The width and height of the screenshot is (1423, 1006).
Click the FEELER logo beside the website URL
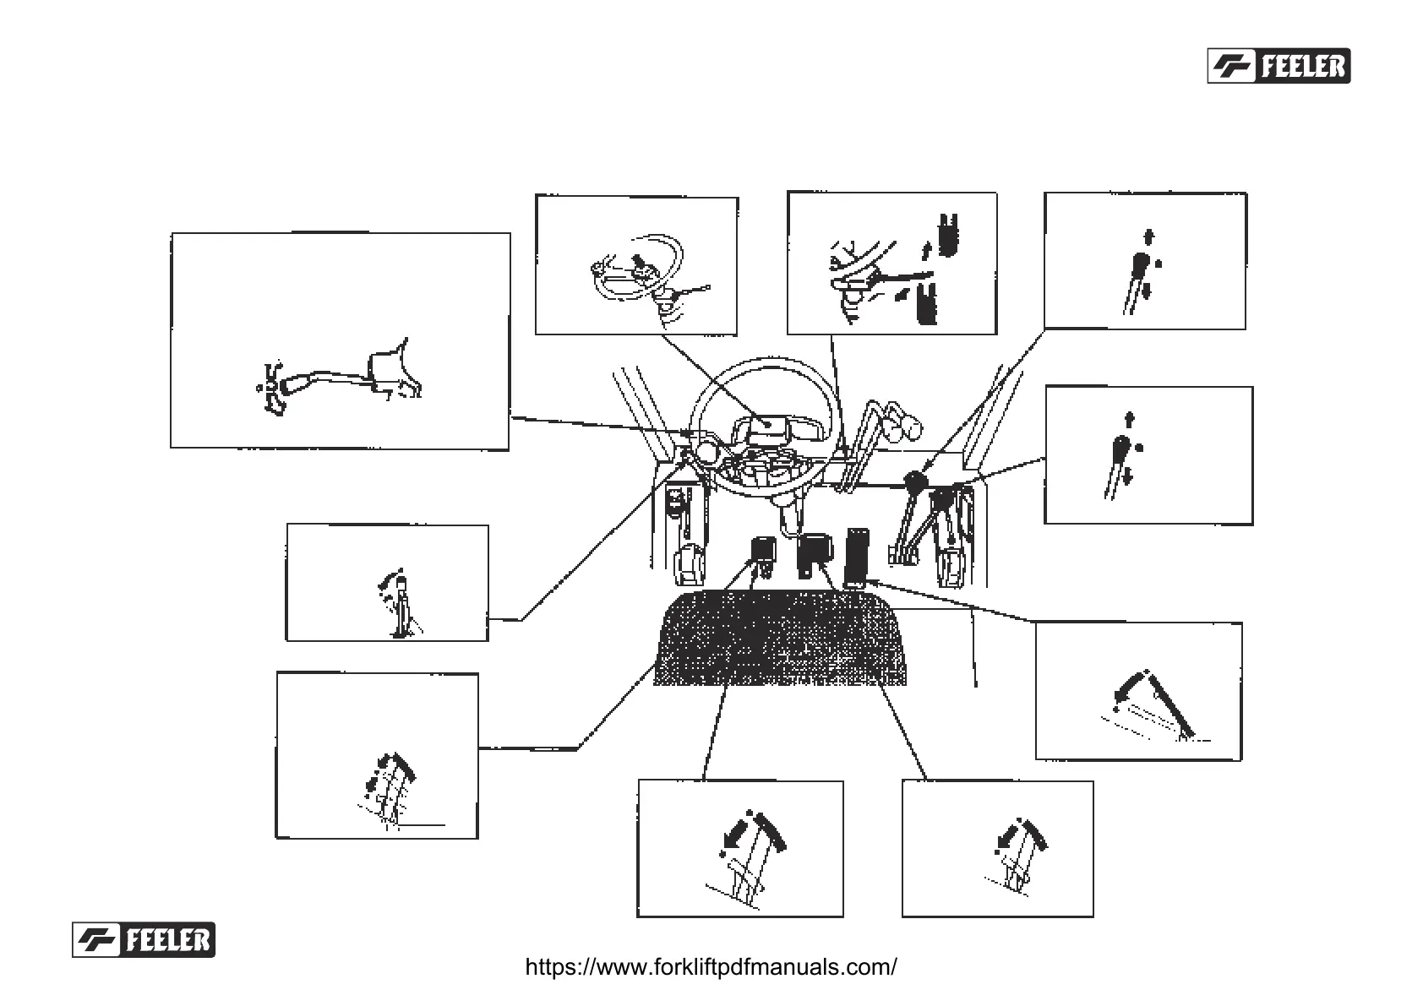(144, 939)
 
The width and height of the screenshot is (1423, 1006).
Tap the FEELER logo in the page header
(1278, 66)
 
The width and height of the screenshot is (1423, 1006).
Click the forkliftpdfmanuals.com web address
(711, 967)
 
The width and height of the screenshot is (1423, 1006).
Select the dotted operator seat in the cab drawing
(779, 639)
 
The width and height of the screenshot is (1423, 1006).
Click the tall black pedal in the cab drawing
(856, 556)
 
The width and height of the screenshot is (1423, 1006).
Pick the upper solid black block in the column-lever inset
(950, 231)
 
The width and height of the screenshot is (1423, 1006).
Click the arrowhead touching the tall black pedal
(871, 582)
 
